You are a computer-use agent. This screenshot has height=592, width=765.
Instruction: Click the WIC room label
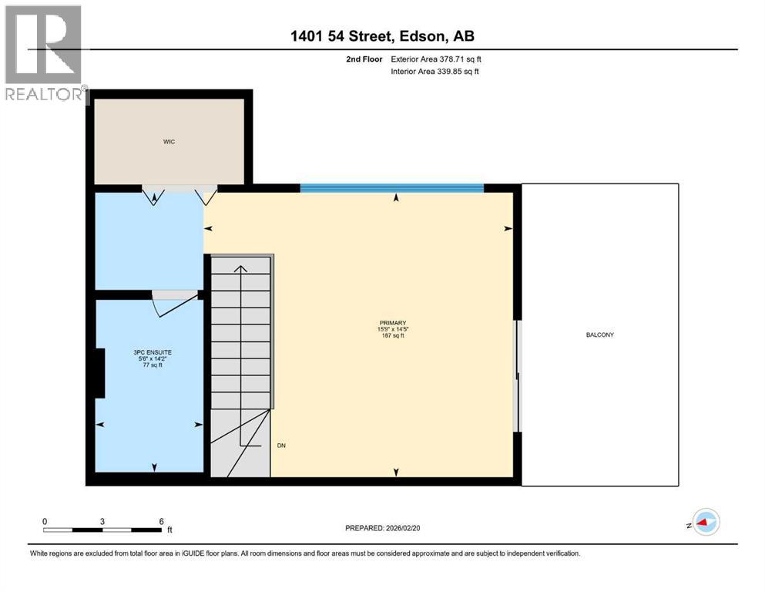coord(169,142)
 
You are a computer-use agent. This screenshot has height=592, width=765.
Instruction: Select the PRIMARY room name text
coord(392,323)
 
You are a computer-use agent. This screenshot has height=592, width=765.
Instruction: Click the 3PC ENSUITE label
coord(146,352)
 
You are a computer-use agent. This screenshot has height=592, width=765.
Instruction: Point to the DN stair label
coord(282,446)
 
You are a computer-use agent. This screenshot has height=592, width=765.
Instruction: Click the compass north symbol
coord(705,523)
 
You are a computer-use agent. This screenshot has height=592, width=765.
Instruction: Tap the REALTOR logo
coord(44,54)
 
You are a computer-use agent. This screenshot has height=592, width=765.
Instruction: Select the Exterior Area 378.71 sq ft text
coord(437,59)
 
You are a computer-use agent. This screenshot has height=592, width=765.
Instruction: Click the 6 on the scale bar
coord(161,520)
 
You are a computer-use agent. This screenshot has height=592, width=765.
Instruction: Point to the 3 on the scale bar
coord(102,520)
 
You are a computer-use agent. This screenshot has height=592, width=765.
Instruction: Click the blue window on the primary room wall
coord(391,188)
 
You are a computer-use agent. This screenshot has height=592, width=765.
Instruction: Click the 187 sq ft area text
coord(392,336)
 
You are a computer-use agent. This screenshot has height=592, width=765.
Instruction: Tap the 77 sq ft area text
coord(146,365)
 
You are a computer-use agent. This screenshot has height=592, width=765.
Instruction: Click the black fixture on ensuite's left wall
coord(99,373)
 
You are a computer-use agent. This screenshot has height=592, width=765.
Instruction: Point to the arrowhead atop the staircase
coord(240,269)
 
